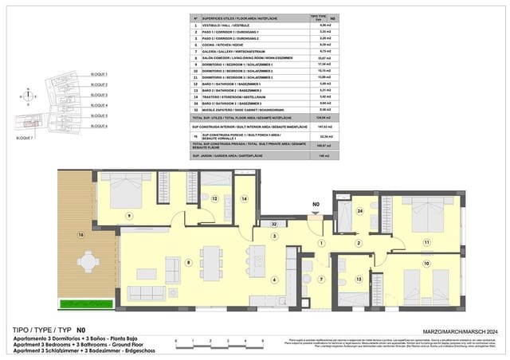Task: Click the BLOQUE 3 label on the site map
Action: pyautogui.click(x=100, y=94)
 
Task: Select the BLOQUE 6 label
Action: pyautogui.click(x=100, y=126)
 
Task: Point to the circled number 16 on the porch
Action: pyautogui.click(x=80, y=235)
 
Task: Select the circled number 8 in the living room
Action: pyautogui.click(x=188, y=262)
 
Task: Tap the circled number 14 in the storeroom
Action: pyautogui.click(x=245, y=198)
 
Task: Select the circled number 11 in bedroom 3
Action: pyautogui.click(x=426, y=242)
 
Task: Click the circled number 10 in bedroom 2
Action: pyautogui.click(x=426, y=263)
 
